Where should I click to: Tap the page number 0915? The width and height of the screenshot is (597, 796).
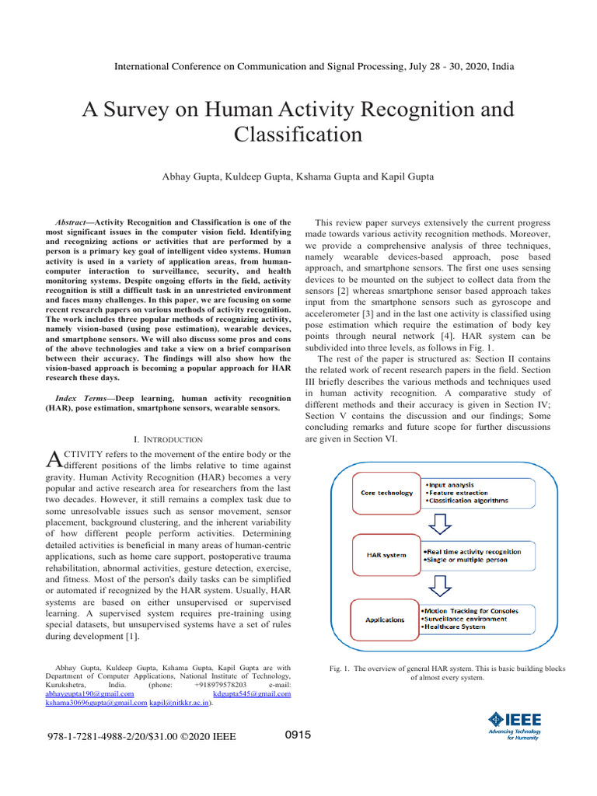point(298,735)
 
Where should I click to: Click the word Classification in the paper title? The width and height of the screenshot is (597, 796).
point(298,134)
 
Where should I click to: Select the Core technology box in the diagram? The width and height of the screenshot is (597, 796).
point(386,493)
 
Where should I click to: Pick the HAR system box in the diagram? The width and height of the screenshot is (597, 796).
point(386,556)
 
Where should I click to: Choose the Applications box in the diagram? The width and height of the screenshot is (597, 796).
point(386,620)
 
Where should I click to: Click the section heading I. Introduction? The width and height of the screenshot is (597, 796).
point(169,439)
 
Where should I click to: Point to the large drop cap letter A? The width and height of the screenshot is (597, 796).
point(54,459)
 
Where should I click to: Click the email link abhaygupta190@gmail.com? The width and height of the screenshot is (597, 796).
point(90,693)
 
